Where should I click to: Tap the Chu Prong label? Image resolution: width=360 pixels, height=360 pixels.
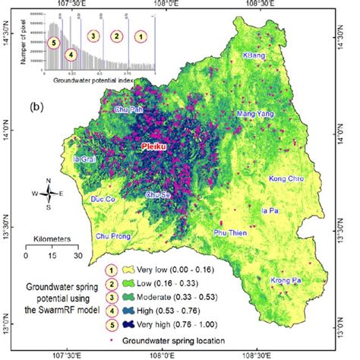click(x=112, y=235)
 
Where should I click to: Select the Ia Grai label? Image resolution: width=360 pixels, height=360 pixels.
click(x=84, y=159)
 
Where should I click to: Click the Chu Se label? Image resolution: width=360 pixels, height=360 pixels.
click(x=158, y=194)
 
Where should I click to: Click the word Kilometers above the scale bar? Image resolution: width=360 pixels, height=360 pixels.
click(x=52, y=238)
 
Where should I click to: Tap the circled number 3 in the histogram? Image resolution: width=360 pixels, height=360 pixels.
click(x=93, y=36)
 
